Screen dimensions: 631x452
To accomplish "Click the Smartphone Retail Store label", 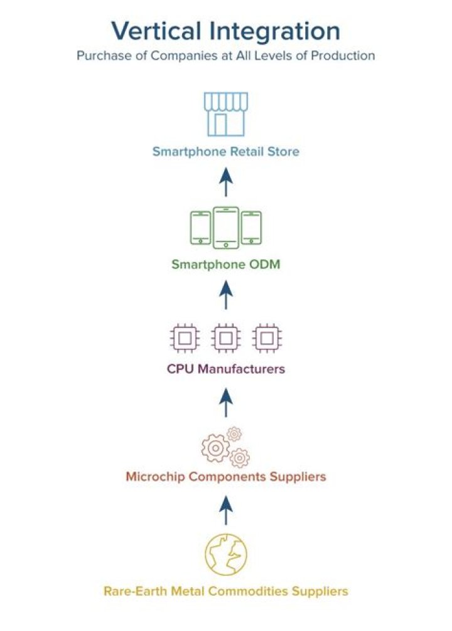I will coord(226,152).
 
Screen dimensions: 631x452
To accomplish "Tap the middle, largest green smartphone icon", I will coord(226,228).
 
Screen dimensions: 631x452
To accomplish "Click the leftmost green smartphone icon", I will coord(200,228).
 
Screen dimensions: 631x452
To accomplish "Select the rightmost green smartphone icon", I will coord(252,228).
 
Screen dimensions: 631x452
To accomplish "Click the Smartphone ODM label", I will coord(226,265).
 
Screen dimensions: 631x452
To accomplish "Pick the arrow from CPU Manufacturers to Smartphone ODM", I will coord(226,294).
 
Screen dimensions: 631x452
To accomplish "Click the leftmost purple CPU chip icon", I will coord(185,338).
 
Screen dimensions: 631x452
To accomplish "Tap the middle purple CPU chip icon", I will coord(226,338).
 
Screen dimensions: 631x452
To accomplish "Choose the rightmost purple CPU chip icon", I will coord(267,338).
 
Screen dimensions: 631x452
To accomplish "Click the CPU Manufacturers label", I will coord(226,369).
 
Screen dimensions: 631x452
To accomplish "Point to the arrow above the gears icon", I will coord(226,402).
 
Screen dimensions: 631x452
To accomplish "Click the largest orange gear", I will coord(216,448).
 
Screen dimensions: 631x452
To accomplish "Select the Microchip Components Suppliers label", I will coord(226,477).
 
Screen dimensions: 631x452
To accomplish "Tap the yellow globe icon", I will coord(226,554).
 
